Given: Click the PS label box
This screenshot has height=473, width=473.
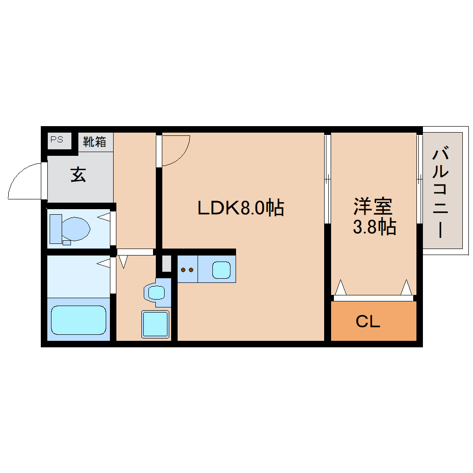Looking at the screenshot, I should click(57, 140).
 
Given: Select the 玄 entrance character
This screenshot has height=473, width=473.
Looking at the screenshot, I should click(78, 175).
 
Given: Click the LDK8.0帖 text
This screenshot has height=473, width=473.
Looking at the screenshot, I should click(241, 208).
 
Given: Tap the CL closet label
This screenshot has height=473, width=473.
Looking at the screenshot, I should click(368, 321).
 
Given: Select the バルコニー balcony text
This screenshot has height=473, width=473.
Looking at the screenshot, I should click(442, 192).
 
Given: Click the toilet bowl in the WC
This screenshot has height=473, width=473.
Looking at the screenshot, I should click(76, 228).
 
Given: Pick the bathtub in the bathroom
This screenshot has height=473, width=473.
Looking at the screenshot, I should click(78, 320).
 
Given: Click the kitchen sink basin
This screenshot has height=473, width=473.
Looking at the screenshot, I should click(221, 269).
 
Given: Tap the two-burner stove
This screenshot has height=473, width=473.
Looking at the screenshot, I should click(187, 269).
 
